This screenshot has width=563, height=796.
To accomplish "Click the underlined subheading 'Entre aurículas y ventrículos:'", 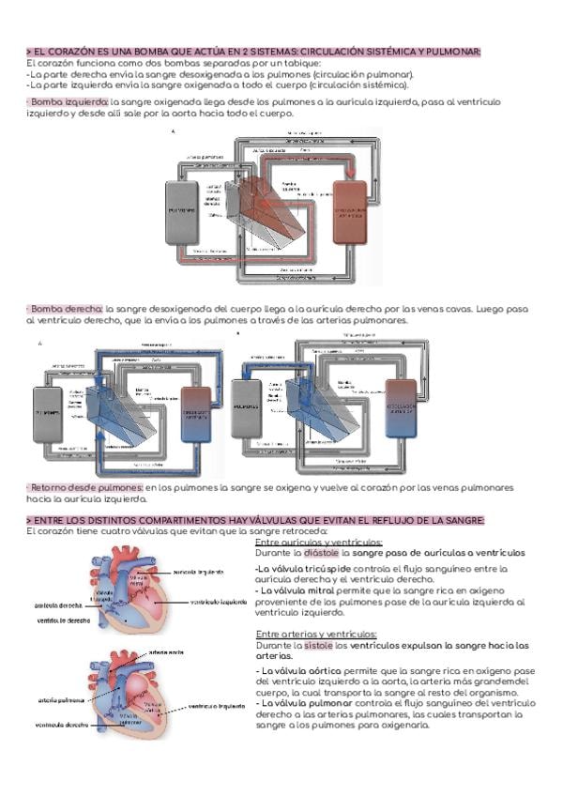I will click(319, 543).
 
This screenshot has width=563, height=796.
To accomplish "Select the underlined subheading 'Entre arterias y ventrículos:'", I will click(314, 635).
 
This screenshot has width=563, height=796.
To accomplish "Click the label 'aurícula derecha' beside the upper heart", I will click(58, 605).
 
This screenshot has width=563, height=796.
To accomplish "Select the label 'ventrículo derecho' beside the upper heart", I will click(64, 620).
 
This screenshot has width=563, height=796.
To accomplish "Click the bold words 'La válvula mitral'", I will click(293, 591).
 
